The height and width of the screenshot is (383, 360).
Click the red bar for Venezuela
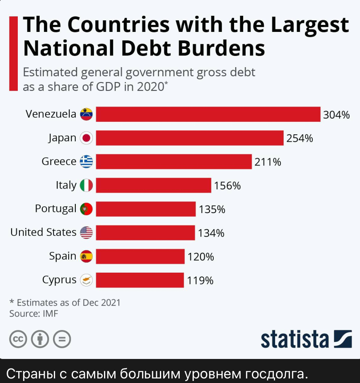pos(208,114)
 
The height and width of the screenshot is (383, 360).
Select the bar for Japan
pos(190,138)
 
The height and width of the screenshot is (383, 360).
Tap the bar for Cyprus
pos(140,280)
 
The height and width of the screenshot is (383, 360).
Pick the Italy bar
pos(154,185)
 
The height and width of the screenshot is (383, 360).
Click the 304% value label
pos(336,115)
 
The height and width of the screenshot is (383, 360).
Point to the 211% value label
pos(268,162)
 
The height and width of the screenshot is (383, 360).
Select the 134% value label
pos(211,233)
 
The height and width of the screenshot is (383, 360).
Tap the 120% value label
pos(201,257)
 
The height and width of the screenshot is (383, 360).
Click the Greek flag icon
pos(86,162)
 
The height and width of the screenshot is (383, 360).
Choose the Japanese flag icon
pos(86,138)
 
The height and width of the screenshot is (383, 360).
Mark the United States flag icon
pos(86,233)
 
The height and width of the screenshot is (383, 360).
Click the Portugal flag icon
pos(86,208)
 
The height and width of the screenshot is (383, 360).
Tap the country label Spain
pos(63,256)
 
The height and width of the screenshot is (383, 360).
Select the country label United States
pos(43,232)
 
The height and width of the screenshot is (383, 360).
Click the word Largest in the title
pos(310,26)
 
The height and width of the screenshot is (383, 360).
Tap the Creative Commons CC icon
pos(18,339)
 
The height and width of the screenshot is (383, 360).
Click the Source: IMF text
pos(34,314)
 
